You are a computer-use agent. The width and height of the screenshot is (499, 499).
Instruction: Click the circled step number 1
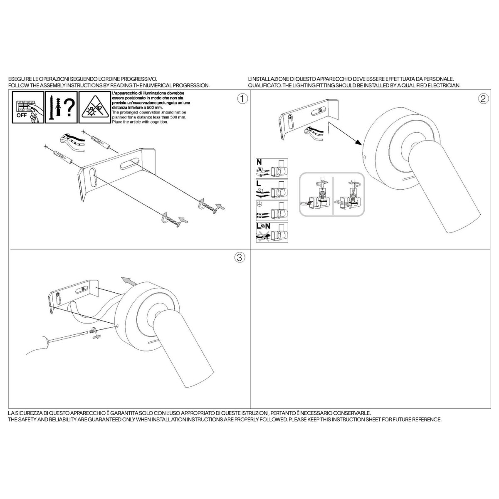coord(242,99)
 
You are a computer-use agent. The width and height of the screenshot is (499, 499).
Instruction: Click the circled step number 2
coord(483,99)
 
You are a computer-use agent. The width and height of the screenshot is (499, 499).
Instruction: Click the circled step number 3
coord(240,257)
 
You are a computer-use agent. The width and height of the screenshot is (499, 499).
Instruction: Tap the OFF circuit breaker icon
coord(28,107)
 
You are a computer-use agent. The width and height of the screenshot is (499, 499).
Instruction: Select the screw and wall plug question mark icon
coord(62,107)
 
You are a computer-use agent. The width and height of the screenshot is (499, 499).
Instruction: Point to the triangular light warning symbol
coord(95,107)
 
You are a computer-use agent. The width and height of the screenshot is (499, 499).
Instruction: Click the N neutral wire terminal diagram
coord(272,168)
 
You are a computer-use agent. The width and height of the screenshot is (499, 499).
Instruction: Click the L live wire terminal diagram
coord(272,190)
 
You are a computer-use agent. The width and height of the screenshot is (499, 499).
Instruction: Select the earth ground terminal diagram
coord(272,211)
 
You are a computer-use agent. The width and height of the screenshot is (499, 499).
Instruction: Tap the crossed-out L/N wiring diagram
coord(272,232)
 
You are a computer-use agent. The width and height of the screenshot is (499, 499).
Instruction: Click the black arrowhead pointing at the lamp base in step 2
coord(358,143)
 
